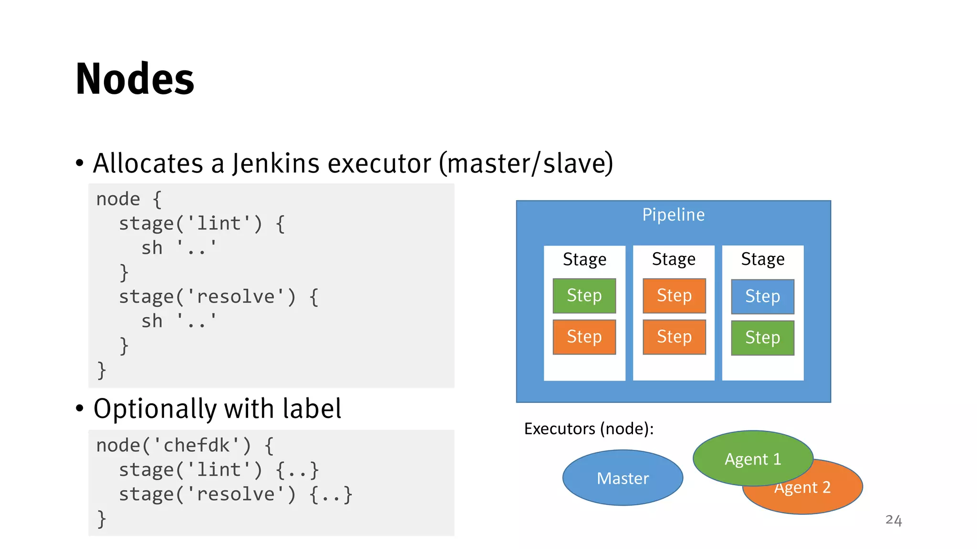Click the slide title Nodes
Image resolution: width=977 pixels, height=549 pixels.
coord(135,79)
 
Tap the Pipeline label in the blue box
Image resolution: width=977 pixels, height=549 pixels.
coord(673,215)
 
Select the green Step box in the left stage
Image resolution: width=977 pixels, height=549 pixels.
coord(584,295)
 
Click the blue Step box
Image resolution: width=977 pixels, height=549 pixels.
coord(762,296)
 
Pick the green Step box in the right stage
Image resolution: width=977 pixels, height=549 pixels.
coord(762,337)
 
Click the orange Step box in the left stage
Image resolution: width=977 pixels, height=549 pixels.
coord(584,336)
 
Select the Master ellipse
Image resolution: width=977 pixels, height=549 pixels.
coord(623,478)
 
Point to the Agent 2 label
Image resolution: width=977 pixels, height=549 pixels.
coord(802,488)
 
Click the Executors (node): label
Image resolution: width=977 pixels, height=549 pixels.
coord(589,428)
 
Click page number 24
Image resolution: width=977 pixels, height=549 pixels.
coord(893,520)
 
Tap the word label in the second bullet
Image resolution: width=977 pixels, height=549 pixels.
coord(312,409)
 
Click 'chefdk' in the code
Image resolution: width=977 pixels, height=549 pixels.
coord(197,445)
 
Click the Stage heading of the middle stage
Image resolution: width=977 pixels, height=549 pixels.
coord(673,259)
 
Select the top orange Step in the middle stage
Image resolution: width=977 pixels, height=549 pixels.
coord(674,295)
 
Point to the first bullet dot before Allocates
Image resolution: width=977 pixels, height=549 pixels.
coord(80,163)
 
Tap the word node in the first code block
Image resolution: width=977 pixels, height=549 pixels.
coord(118,199)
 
